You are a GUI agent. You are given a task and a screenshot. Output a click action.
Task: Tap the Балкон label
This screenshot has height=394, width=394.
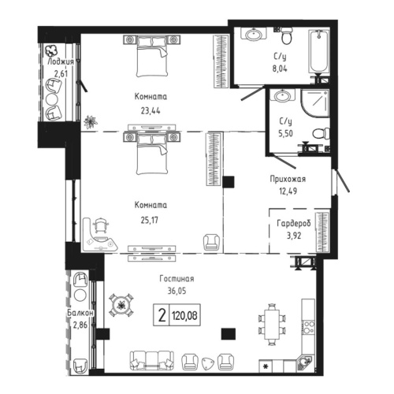[82, 313]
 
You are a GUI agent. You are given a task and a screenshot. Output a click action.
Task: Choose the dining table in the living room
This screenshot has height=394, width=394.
[273, 325]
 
